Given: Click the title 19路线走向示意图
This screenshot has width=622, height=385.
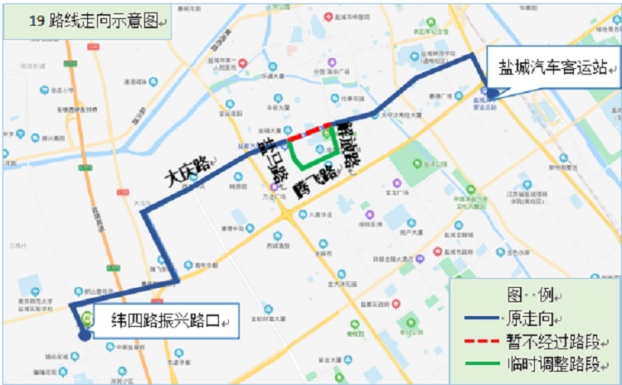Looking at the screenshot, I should click(x=91, y=19).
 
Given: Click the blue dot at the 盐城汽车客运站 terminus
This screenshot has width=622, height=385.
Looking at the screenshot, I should click(x=492, y=94).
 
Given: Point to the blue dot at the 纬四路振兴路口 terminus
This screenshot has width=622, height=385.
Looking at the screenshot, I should click(x=84, y=336).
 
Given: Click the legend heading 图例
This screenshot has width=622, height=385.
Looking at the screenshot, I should click(x=531, y=296).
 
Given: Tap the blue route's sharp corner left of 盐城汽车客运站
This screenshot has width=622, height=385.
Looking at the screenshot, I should click(x=474, y=55).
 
